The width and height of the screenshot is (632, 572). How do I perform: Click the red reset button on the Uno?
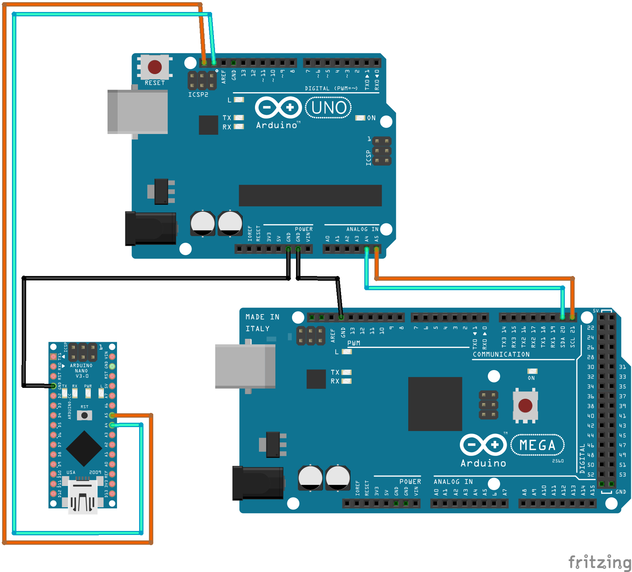pos(155,67)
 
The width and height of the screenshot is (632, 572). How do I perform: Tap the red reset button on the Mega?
pos(525,405)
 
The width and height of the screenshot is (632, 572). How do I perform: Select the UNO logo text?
pos(329,107)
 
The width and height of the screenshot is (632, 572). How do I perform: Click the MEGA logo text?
pos(538,445)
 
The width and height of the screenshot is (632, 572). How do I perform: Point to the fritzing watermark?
pos(600,562)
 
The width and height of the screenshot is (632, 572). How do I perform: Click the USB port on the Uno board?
pos(138,112)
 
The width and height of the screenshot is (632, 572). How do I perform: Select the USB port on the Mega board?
pos(245,366)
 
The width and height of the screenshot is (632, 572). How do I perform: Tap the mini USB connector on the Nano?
pos(83,496)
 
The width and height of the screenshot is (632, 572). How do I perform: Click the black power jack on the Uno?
pos(151,228)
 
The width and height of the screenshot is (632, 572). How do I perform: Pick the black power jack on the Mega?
pos(258,483)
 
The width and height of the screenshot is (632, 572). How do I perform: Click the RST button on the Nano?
pos(85,415)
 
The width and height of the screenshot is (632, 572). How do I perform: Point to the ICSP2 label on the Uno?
pos(198,95)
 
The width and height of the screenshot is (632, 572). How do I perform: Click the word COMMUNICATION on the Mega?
pos(501,354)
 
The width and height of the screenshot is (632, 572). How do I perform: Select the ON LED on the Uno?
pos(360,118)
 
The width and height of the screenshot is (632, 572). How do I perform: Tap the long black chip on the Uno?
pos(310,195)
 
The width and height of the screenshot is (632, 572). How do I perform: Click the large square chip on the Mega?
pos(435,404)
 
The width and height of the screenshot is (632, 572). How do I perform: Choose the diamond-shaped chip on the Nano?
pos(84,449)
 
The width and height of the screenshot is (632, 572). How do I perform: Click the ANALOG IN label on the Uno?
pos(362,229)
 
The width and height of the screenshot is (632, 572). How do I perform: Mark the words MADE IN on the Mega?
pos(262,317)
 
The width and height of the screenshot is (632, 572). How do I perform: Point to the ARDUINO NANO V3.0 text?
pos(81,371)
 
